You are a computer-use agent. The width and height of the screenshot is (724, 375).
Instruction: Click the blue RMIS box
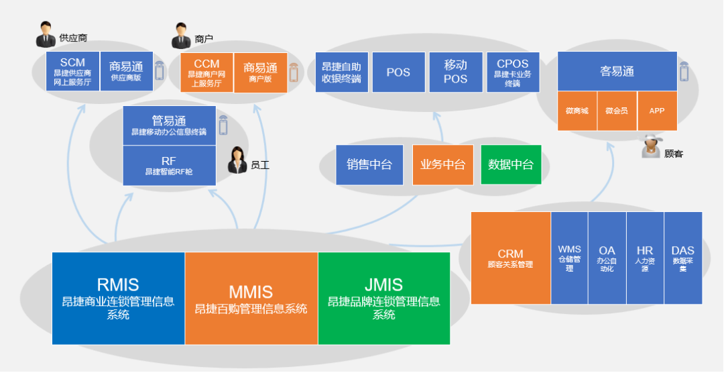point(118,298)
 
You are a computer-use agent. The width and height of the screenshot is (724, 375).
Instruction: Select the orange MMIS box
point(251,298)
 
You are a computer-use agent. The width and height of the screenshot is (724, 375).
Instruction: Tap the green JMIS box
point(383,298)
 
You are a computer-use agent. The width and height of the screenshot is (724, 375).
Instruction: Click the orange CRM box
point(510,258)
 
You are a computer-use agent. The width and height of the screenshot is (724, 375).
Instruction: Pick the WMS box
point(569,258)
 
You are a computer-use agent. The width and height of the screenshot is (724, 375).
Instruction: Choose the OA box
point(607,258)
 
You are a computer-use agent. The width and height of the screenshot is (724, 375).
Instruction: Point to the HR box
point(645,258)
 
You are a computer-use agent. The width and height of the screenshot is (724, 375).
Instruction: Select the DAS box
point(683,258)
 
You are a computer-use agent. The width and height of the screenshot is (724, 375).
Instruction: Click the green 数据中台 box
point(511,164)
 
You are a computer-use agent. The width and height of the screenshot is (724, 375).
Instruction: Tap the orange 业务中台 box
point(442,164)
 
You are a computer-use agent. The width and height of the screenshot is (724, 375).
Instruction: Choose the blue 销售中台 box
point(369,164)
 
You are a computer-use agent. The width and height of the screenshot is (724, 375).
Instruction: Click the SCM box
point(72,72)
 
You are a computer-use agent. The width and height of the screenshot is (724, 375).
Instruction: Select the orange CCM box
point(206,72)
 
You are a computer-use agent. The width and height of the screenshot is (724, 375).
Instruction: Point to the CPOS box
point(513,72)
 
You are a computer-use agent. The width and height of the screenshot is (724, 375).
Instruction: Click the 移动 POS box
point(455,72)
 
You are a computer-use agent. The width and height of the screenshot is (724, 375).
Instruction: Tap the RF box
point(169,166)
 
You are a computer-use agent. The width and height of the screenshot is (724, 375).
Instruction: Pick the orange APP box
point(657,111)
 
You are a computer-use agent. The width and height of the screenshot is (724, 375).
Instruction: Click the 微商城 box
point(577,111)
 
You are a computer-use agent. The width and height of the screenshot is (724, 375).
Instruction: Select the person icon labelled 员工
point(238,159)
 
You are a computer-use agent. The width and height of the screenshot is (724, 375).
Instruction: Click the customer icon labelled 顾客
point(651,146)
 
